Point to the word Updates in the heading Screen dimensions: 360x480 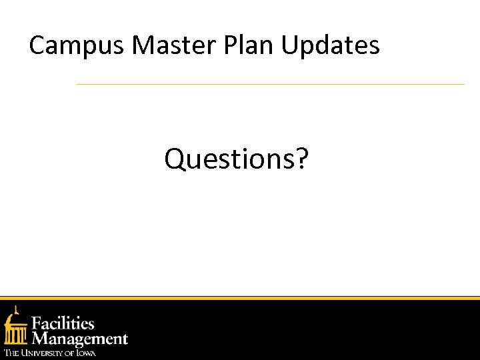331,45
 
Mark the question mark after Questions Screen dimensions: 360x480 302,159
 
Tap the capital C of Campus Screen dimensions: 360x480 37,45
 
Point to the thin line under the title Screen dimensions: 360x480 270,85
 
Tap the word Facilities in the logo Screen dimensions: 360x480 64,324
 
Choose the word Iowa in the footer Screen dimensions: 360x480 85,353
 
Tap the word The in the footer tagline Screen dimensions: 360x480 11,353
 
